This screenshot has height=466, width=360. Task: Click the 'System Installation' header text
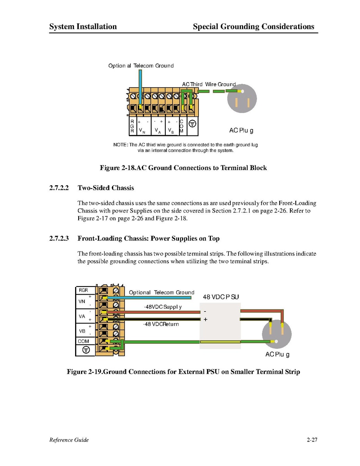point(83,26)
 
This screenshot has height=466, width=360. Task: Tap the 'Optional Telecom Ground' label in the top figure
point(141,66)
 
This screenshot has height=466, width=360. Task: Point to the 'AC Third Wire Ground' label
point(209,84)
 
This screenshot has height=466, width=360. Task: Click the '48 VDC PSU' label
point(221,297)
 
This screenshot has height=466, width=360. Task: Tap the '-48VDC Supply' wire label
point(163,307)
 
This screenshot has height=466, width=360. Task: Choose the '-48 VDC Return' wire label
point(161,324)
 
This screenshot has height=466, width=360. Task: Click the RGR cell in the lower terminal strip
point(83,290)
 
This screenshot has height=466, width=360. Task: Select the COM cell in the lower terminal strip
point(83,341)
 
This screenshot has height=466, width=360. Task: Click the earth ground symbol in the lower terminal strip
point(86,350)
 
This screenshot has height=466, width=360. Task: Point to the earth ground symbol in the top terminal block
point(192,123)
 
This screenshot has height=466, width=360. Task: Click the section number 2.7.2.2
point(59,188)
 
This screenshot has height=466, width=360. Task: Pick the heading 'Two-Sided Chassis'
point(106,188)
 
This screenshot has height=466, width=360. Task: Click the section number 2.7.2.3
point(59,238)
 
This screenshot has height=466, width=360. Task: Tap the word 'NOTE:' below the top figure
point(120,145)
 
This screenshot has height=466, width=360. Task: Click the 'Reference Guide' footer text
point(69,440)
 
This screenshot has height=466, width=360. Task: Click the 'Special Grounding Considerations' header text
point(253,26)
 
